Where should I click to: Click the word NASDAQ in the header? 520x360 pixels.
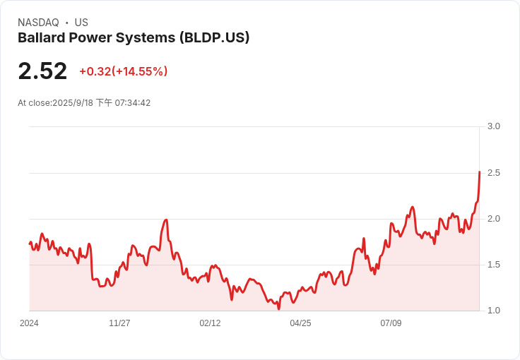point(38,23)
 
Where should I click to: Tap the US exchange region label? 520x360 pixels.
point(81,23)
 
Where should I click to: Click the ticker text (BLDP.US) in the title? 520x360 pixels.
point(214,38)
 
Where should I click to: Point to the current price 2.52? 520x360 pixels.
point(42,71)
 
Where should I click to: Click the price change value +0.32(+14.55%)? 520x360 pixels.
point(123,71)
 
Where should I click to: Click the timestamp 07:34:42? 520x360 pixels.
point(133,103)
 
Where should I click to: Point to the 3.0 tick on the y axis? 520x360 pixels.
point(494,126)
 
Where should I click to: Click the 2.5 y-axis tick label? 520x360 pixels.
point(494,173)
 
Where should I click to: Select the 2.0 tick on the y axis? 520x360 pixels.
point(494,219)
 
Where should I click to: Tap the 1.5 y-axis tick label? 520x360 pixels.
point(494,265)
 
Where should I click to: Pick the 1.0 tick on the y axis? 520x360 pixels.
point(494,311)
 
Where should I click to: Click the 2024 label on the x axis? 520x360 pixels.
point(29,323)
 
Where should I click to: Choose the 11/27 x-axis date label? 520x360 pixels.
point(119,323)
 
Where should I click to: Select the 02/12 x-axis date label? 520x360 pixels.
point(210,323)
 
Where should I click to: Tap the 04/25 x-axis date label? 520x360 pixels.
point(300,323)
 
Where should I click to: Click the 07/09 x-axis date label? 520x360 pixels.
point(391,323)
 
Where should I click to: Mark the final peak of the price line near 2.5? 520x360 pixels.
point(479,172)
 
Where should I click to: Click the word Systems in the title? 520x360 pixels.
point(148,38)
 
